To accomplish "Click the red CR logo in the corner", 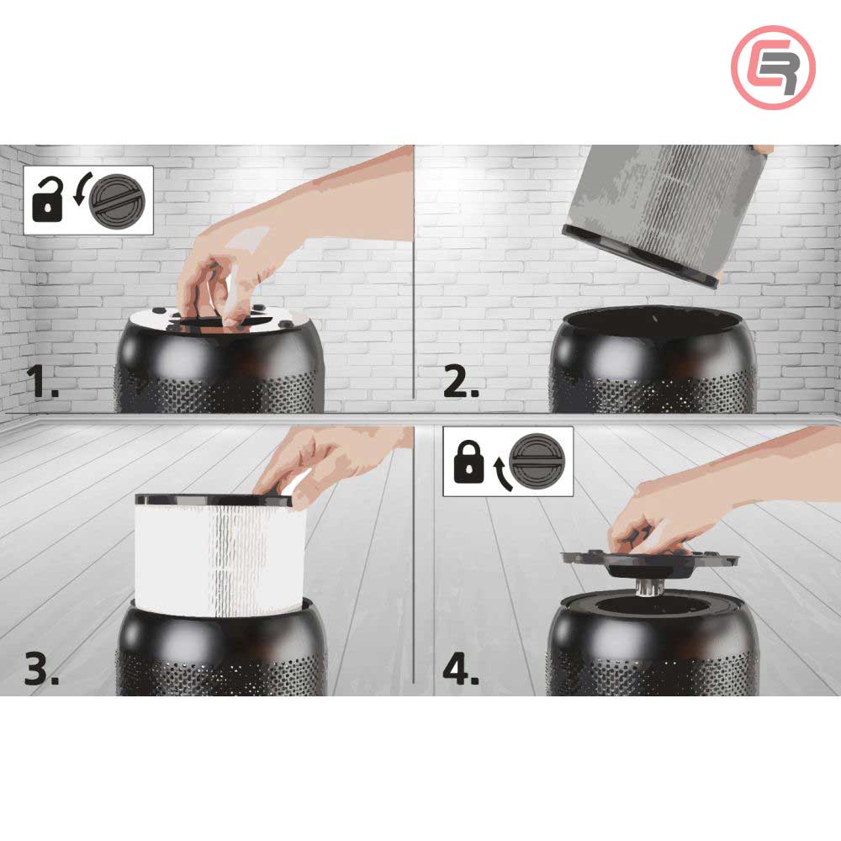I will click(773, 67).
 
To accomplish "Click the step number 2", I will click(461, 382).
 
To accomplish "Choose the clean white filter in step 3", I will click(214, 555).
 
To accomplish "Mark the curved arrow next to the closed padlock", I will click(502, 473).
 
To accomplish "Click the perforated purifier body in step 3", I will click(220, 656).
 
